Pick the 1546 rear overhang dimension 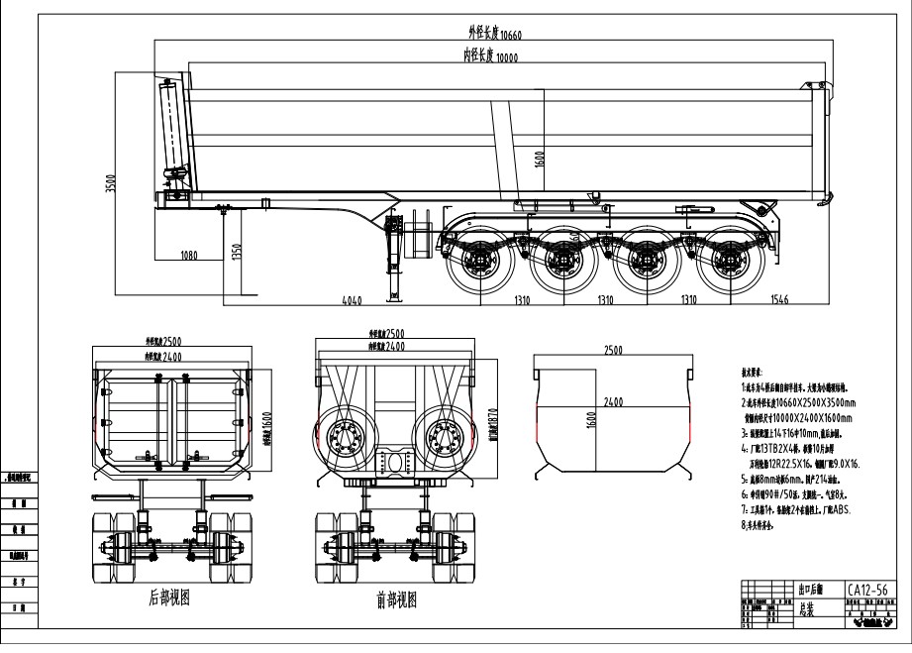coord(780,299)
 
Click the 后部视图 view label coord(168,598)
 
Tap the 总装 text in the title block coord(809,611)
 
